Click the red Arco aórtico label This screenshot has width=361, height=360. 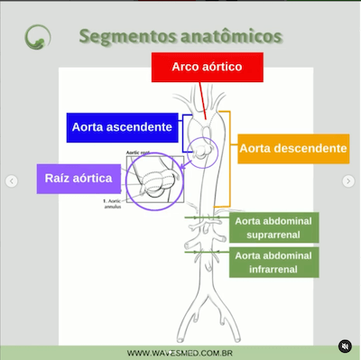[x=207, y=68]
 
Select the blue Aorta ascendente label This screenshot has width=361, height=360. [x=121, y=127]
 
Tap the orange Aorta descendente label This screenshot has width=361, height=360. [x=293, y=148]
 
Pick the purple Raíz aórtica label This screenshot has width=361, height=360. [x=79, y=179]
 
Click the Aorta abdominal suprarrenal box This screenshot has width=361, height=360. [x=273, y=228]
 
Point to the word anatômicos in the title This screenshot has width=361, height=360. [x=230, y=37]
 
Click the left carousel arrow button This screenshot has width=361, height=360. [x=12, y=181]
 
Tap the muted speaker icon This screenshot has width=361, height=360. [x=344, y=346]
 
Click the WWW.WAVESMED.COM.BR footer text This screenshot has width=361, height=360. [x=180, y=353]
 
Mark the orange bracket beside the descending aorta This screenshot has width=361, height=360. [x=230, y=158]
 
